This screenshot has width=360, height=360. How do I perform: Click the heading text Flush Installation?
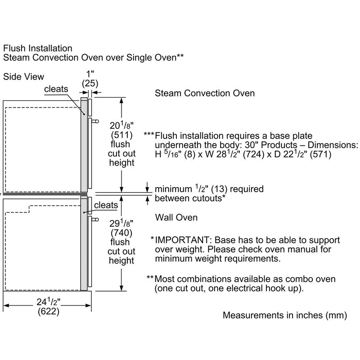38,48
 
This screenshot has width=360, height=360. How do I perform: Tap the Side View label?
24,77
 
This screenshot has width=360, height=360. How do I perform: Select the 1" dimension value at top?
90,73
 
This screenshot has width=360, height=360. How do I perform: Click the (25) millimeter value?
90,83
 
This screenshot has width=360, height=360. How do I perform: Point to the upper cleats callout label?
56,89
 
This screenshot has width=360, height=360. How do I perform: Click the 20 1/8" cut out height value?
121,126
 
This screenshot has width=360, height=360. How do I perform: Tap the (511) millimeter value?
121,135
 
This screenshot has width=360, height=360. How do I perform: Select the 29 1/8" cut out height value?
121,224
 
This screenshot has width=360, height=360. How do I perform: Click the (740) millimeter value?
121,233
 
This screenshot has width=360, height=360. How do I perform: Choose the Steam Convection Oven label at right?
205,94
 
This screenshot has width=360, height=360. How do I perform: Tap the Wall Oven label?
176,218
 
